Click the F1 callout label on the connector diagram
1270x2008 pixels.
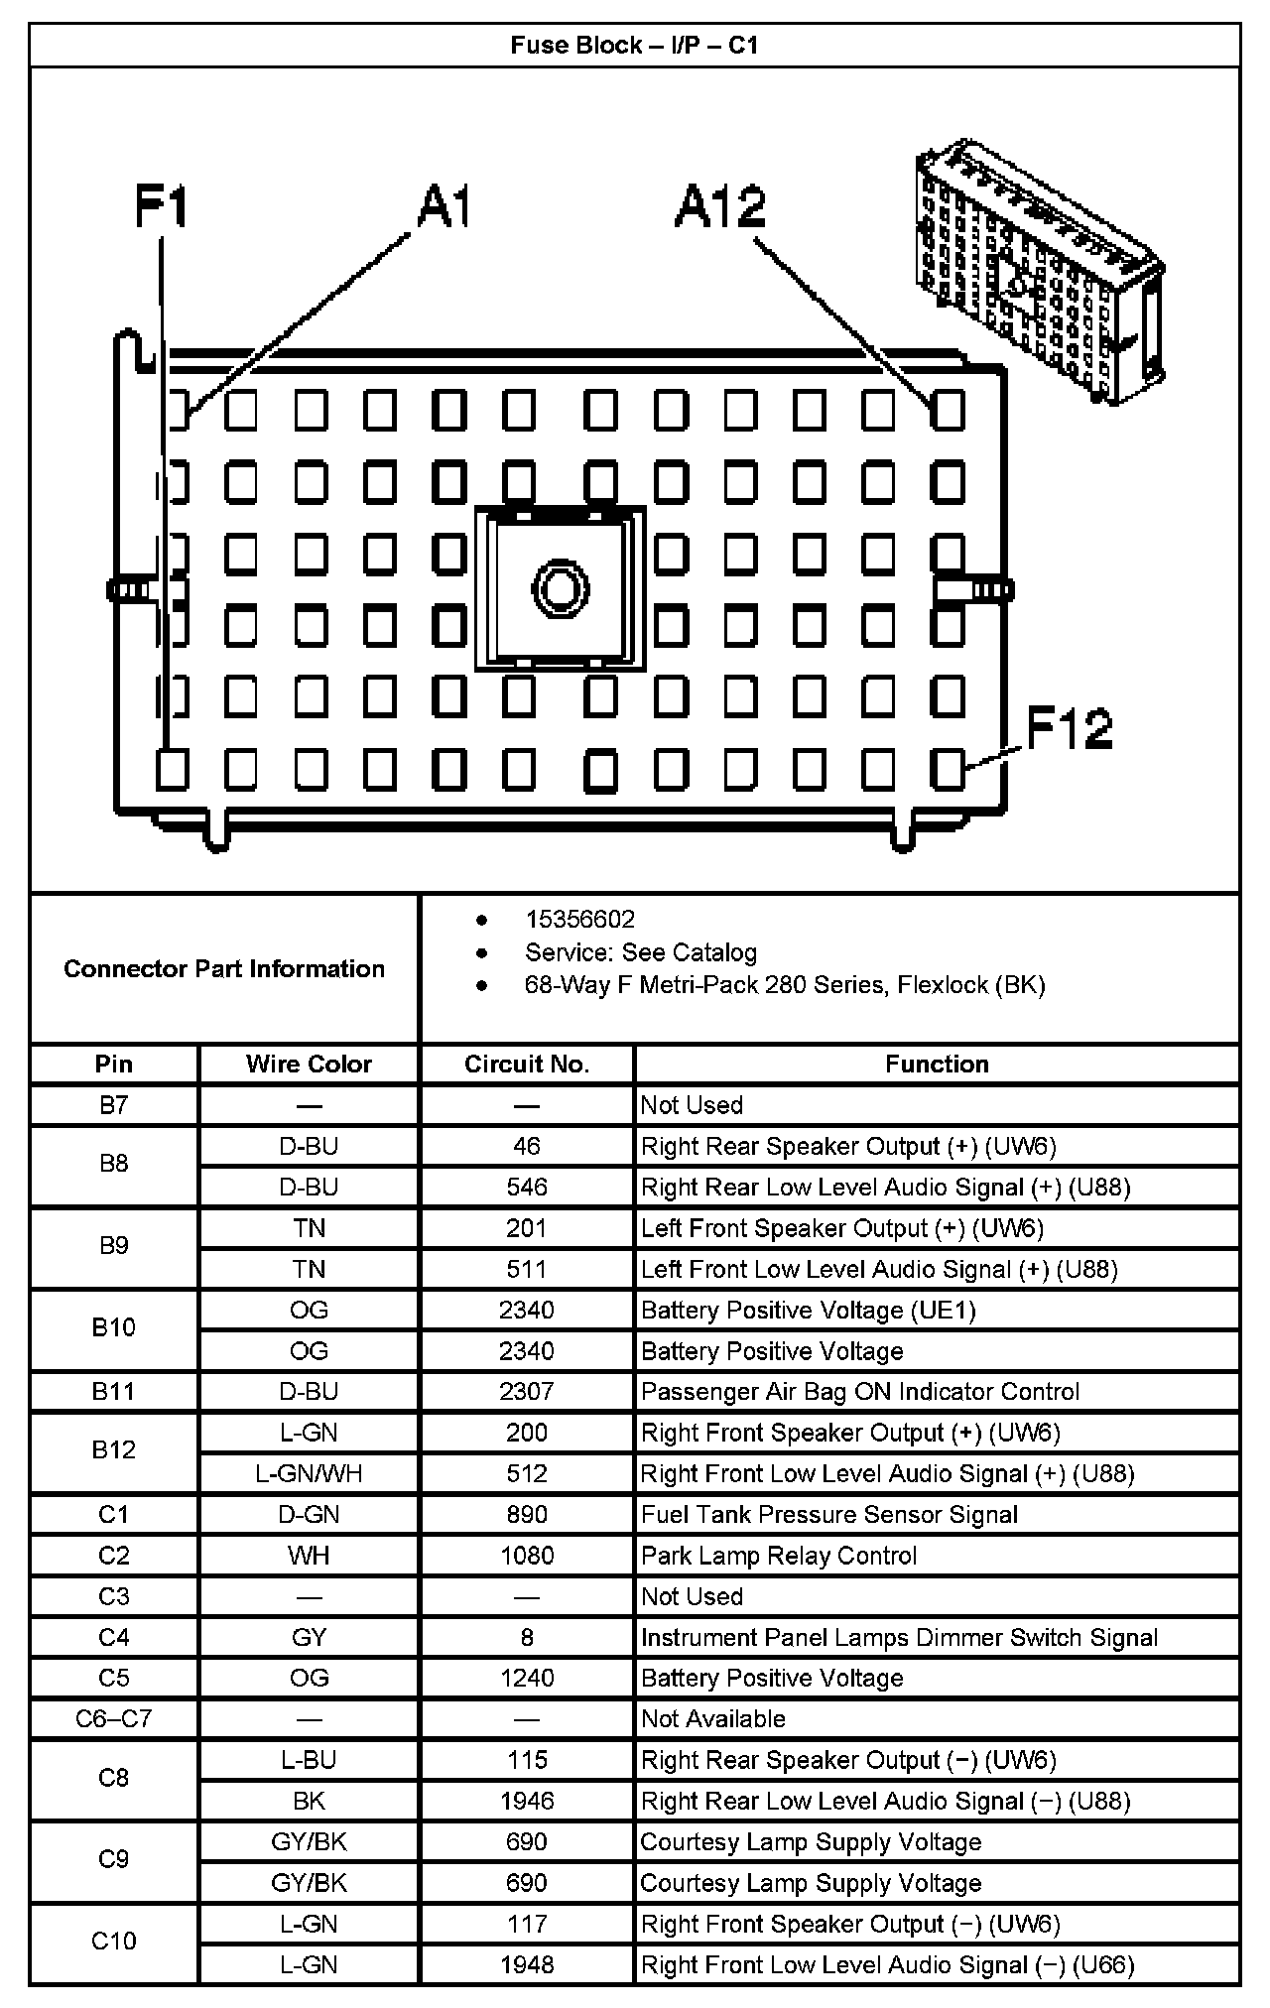tap(161, 208)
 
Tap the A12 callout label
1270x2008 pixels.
tap(720, 208)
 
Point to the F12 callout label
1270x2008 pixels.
tap(1069, 728)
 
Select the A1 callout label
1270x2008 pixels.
tap(444, 207)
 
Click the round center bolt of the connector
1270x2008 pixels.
tap(560, 587)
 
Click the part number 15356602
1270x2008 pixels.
tap(579, 920)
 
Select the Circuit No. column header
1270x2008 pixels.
tap(527, 1065)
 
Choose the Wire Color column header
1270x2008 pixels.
tap(309, 1065)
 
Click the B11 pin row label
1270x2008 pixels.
tap(113, 1392)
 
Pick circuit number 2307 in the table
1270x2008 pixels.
tap(527, 1392)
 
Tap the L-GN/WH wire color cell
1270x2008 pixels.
tap(309, 1473)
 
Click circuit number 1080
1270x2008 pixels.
tap(527, 1556)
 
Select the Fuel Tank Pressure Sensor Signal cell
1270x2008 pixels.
tap(829, 1515)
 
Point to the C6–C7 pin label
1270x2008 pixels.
tap(113, 1719)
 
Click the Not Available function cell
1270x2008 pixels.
tap(713, 1719)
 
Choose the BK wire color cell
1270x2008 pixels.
tap(309, 1801)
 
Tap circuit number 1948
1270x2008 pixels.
tap(527, 1964)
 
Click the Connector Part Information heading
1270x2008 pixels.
tap(224, 969)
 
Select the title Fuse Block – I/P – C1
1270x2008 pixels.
tap(635, 46)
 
